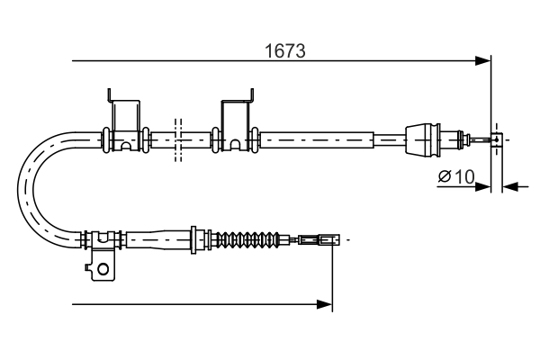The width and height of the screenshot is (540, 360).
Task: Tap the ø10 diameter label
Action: pyautogui.click(x=455, y=177)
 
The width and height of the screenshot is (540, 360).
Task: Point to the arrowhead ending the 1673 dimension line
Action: pyautogui.click(x=484, y=61)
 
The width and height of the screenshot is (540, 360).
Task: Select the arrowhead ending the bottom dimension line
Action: pyautogui.click(x=326, y=305)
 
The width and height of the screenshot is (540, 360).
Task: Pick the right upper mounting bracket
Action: pyautogui.click(x=235, y=112)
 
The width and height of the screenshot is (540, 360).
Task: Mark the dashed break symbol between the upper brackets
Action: pyautogui.click(x=178, y=139)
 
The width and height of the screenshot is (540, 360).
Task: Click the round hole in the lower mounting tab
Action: pyautogui.click(x=103, y=267)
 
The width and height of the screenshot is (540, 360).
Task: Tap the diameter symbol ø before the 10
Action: pyautogui.click(x=445, y=177)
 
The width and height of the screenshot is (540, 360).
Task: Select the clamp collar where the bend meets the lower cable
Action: pyautogui.click(x=101, y=240)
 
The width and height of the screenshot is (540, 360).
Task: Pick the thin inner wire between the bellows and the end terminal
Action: pyautogui.click(x=286, y=240)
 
